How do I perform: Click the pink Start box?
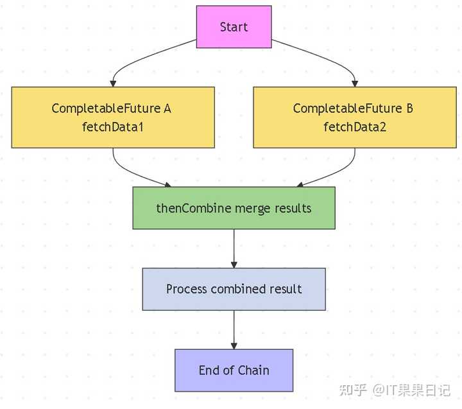point(234,27)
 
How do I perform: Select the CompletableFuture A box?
point(113,117)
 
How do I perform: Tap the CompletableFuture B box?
point(354,117)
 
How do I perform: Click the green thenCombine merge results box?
point(234,208)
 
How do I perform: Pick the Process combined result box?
point(234,289)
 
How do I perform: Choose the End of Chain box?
point(234,370)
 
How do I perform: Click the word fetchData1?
point(112,127)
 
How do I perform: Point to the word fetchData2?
point(354,127)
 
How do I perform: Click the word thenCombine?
point(187,208)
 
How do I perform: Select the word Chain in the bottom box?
point(253,370)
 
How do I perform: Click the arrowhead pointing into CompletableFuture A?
point(114,83)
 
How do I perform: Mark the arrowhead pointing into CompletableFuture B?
point(354,83)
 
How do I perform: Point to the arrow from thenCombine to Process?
point(234,247)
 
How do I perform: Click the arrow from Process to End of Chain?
point(234,329)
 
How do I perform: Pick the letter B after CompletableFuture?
point(409,109)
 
